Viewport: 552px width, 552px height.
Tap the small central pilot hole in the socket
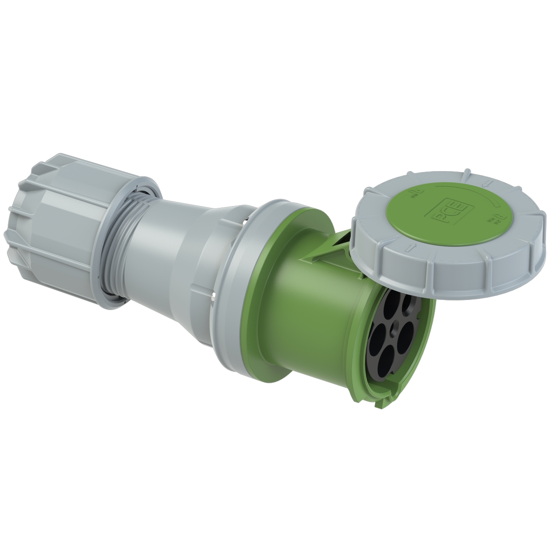pyautogui.click(x=397, y=322)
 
